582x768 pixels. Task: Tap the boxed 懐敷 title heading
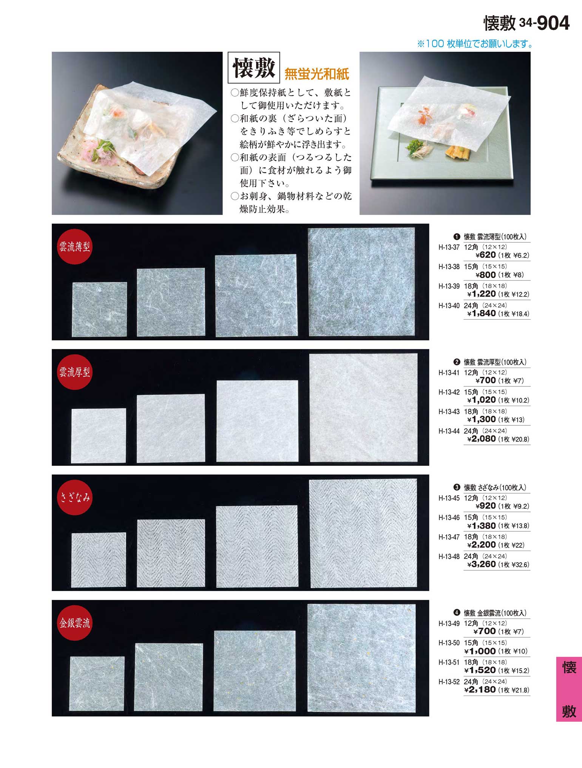[253, 68]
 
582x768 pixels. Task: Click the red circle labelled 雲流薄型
[74, 247]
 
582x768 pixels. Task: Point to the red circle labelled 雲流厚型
[74, 372]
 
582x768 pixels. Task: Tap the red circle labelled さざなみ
[74, 497]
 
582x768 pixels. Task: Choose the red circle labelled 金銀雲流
[74, 623]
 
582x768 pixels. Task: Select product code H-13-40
[449, 306]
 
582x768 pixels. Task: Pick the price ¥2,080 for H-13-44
[482, 439]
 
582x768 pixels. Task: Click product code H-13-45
[449, 498]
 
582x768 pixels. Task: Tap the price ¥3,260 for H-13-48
[482, 564]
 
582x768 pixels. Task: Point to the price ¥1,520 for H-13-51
[480, 670]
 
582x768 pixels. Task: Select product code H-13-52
[449, 682]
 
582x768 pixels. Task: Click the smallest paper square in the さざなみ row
[99, 560]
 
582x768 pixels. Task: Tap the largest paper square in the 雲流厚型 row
[363, 408]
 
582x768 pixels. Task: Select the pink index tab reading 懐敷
[569, 689]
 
